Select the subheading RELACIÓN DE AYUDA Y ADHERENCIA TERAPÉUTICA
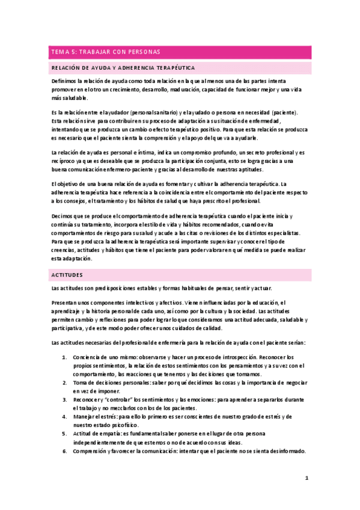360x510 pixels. pos(123,69)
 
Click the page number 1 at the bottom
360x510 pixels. pos(306,479)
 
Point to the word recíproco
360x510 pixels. pos(63,162)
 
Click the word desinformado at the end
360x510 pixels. pos(285,451)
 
